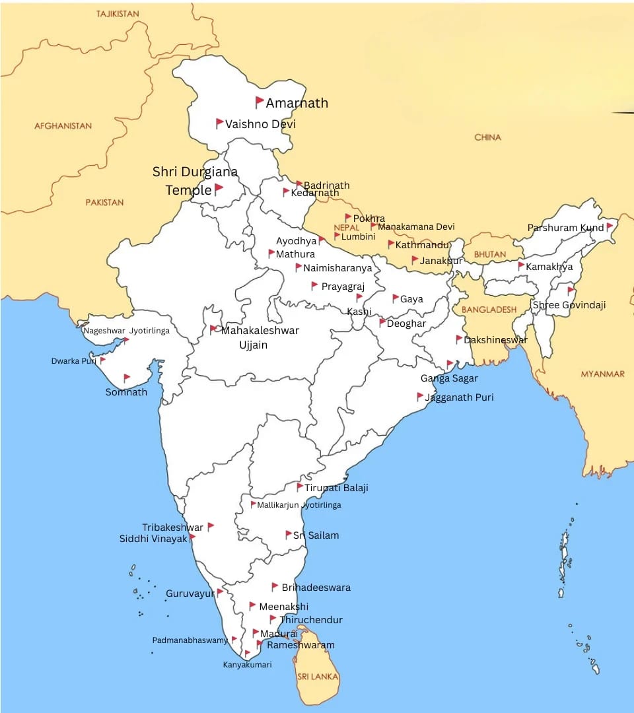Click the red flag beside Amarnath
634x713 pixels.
pyautogui.click(x=260, y=102)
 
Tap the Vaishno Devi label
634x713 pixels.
pyautogui.click(x=260, y=124)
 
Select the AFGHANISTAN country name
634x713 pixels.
pyautogui.click(x=63, y=125)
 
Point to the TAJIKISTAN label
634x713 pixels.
pyautogui.click(x=118, y=14)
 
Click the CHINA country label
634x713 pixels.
pyautogui.click(x=487, y=137)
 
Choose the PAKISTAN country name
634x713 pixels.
pyautogui.click(x=104, y=203)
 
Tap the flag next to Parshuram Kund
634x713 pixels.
pyautogui.click(x=610, y=226)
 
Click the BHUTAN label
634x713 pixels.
pyautogui.click(x=490, y=254)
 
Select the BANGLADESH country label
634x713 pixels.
pyautogui.click(x=489, y=310)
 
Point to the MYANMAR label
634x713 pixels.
pyautogui.click(x=602, y=374)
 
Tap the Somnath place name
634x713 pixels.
pyautogui.click(x=126, y=392)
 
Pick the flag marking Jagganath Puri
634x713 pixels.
pyautogui.click(x=420, y=397)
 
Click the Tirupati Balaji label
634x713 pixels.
pyautogui.click(x=336, y=488)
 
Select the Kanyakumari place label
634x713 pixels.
pyautogui.click(x=247, y=665)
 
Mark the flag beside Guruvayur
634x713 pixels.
pyautogui.click(x=220, y=592)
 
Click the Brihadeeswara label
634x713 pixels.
pyautogui.click(x=316, y=588)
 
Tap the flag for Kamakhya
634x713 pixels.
pyautogui.click(x=521, y=266)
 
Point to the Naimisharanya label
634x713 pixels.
pyautogui.click(x=337, y=268)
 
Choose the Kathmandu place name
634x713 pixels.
pyautogui.click(x=422, y=245)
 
